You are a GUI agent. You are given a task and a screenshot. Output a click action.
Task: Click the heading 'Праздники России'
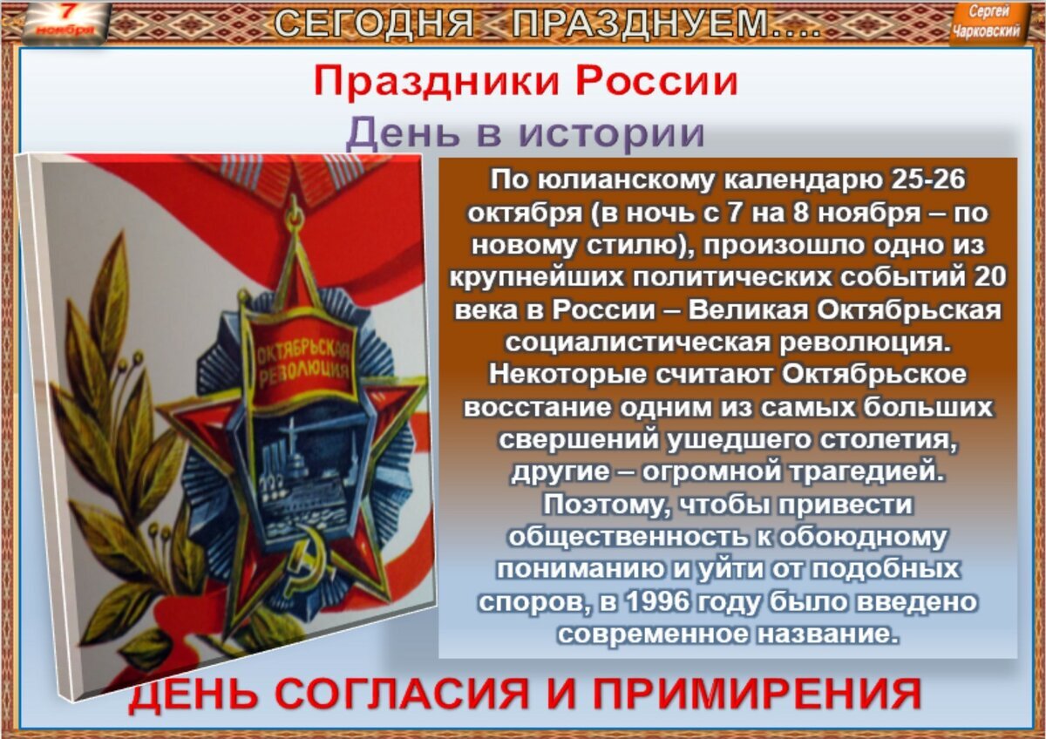click(526, 82)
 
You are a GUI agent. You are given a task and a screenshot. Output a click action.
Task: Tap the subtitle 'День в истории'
click(525, 133)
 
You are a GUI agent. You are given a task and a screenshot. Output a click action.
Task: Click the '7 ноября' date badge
click(65, 21)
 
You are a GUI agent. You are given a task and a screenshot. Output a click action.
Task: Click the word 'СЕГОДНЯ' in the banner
click(375, 24)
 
